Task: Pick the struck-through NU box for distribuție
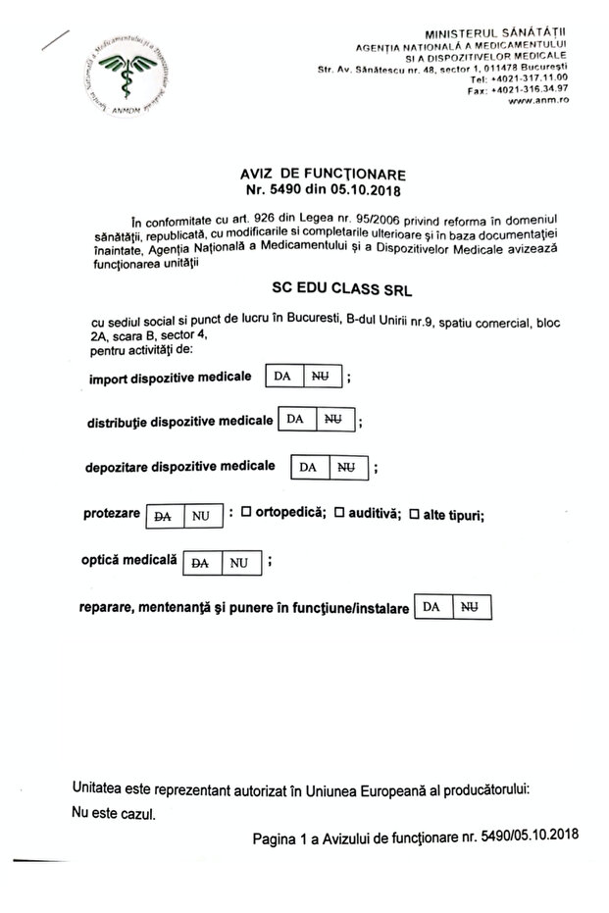(x=331, y=420)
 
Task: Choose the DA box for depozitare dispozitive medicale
(x=306, y=467)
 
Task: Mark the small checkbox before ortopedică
(x=246, y=512)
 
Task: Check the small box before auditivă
(x=340, y=512)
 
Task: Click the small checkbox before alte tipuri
(x=414, y=513)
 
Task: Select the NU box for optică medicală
(x=237, y=563)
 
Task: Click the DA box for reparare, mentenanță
(x=431, y=608)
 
